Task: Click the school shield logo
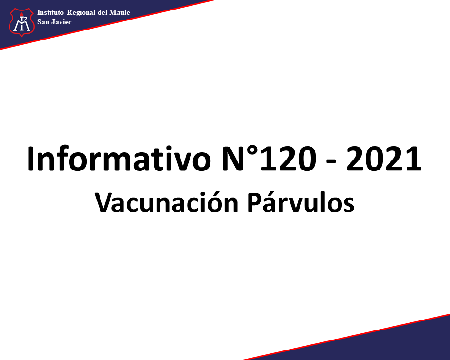coord(22,22)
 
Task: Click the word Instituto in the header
coord(50,12)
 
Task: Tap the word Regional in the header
coord(81,13)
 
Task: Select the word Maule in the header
coord(120,12)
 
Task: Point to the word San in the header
coord(43,22)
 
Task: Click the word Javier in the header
coord(62,22)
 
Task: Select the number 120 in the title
coord(288,159)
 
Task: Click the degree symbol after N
coord(252,151)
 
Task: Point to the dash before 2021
coord(331,162)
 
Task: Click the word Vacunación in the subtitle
coord(167,202)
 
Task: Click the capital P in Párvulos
coord(255,203)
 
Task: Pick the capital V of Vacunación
coord(104,203)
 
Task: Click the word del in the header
coord(102,12)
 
